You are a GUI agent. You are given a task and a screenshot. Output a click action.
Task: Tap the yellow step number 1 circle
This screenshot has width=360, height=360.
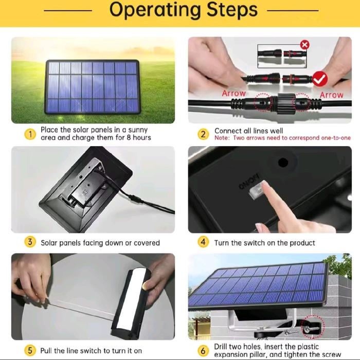coord(30,134)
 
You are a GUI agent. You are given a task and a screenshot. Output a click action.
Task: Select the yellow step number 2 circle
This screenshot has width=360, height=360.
coord(203,134)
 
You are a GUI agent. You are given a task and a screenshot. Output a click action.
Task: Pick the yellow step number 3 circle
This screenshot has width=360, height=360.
coord(30,242)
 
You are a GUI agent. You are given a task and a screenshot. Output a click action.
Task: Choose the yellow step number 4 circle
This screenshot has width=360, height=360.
coord(203,242)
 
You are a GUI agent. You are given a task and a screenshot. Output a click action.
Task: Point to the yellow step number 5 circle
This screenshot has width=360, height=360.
coord(30,351)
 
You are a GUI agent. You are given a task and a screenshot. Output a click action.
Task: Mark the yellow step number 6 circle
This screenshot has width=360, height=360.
coord(203,351)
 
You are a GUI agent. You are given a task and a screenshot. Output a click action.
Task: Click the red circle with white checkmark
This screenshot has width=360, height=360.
coord(320,79)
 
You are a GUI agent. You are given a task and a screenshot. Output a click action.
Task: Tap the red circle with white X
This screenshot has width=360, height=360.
coord(304,45)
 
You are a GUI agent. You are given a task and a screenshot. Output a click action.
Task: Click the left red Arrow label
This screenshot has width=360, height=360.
coord(233,94)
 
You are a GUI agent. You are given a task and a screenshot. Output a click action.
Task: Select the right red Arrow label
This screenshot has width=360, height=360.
coord(332,95)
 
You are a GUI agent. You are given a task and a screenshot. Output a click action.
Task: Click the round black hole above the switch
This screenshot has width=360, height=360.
coord(283,163)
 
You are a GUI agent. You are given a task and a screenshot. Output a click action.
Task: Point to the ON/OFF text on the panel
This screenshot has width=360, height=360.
coord(249,182)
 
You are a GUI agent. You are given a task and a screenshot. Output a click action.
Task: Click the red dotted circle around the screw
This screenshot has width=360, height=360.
coord(313,327)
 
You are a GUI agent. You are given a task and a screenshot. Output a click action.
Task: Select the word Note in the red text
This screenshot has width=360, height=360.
coord(222,138)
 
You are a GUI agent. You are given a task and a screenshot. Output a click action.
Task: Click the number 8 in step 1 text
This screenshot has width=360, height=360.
coord(129,137)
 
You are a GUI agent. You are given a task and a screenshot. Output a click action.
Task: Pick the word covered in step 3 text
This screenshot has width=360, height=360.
coord(147,243)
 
